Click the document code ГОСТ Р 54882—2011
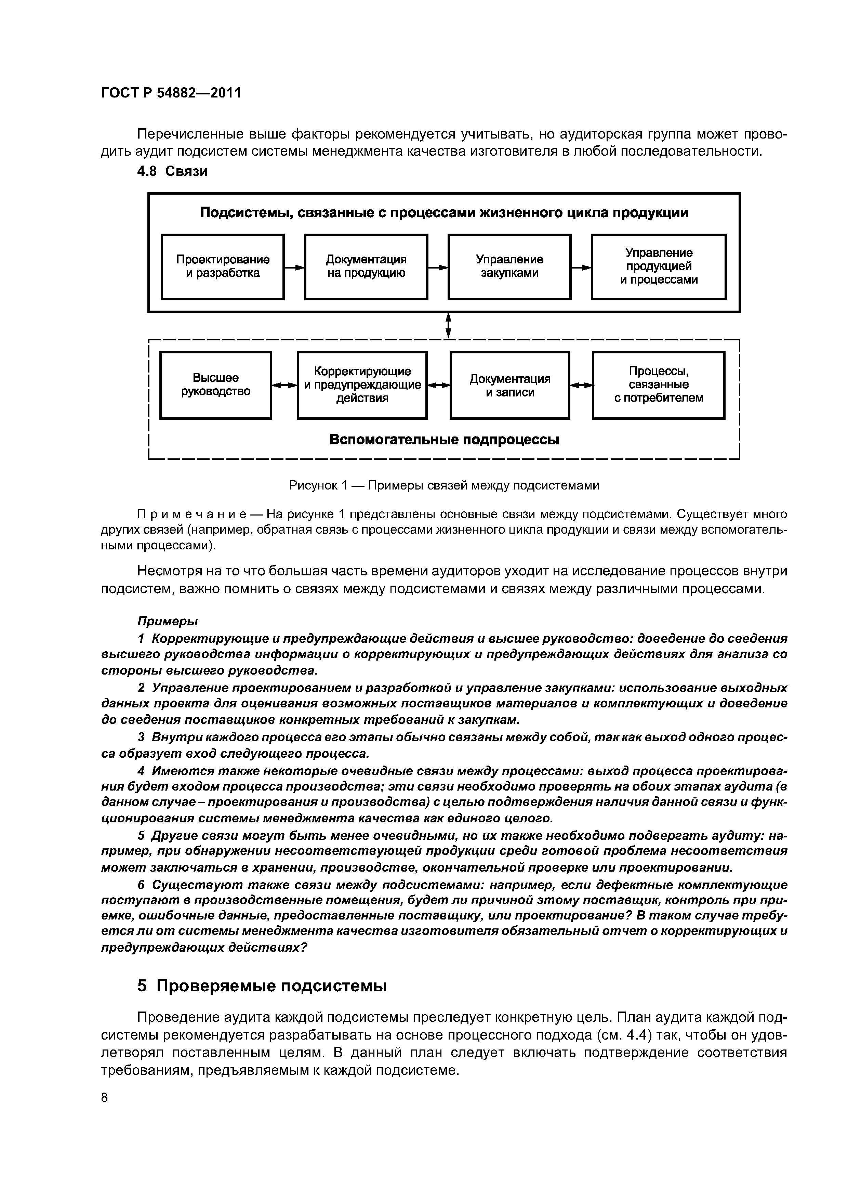tap(171, 93)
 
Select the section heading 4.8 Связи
tap(172, 171)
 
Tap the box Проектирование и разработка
tap(223, 266)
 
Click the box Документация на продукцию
tap(366, 266)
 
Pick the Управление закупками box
tap(509, 266)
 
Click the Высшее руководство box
tap(215, 385)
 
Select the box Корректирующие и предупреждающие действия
tap(362, 385)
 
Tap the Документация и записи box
tap(509, 385)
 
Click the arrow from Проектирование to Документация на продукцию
tap(294, 268)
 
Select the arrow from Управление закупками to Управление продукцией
tap(581, 268)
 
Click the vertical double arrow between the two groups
tap(448, 326)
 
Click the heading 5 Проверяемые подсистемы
tap(262, 986)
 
